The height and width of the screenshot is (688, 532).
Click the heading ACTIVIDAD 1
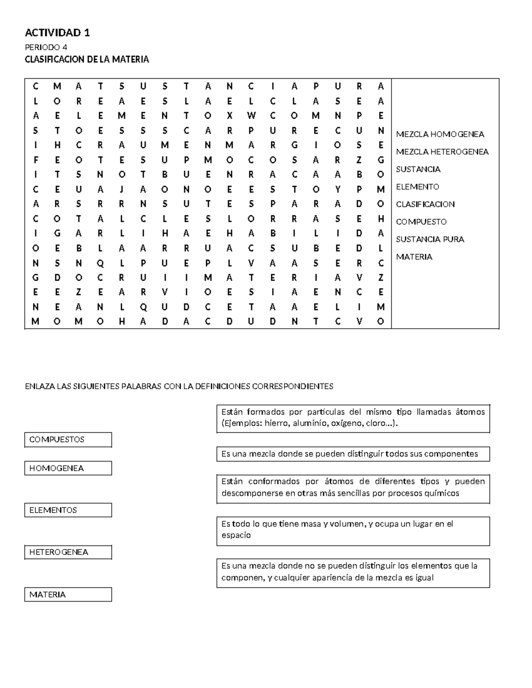pyautogui.click(x=57, y=32)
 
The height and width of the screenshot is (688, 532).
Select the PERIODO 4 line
pyautogui.click(x=46, y=47)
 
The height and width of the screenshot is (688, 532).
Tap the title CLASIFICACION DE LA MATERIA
pyautogui.click(x=86, y=59)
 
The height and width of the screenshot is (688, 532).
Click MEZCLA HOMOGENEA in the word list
pyautogui.click(x=440, y=134)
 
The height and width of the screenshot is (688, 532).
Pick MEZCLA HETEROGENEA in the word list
pyautogui.click(x=442, y=152)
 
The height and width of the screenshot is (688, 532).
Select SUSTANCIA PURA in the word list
pyautogui.click(x=430, y=239)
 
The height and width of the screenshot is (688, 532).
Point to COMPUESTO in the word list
pyautogui.click(x=421, y=222)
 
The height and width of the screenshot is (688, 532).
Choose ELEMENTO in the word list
pyautogui.click(x=417, y=187)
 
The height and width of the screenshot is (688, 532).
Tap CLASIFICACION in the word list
pyautogui.click(x=425, y=204)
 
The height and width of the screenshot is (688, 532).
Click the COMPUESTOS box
pyautogui.click(x=68, y=439)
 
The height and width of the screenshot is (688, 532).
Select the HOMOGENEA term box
pyautogui.click(x=68, y=468)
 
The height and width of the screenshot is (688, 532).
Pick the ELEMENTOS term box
pyautogui.click(x=68, y=510)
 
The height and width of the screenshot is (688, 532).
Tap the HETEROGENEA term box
pyautogui.click(x=68, y=552)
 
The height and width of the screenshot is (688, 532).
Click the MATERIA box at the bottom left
pyautogui.click(x=68, y=595)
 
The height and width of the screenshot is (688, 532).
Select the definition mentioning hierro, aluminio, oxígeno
pyautogui.click(x=353, y=418)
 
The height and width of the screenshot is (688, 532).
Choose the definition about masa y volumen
pyautogui.click(x=353, y=529)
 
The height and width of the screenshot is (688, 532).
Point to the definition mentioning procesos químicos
pyautogui.click(x=353, y=487)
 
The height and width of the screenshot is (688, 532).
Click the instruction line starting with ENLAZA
pyautogui.click(x=179, y=386)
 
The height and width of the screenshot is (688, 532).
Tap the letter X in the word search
pyautogui.click(x=229, y=116)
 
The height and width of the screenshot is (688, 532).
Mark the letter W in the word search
pyautogui.click(x=251, y=116)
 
